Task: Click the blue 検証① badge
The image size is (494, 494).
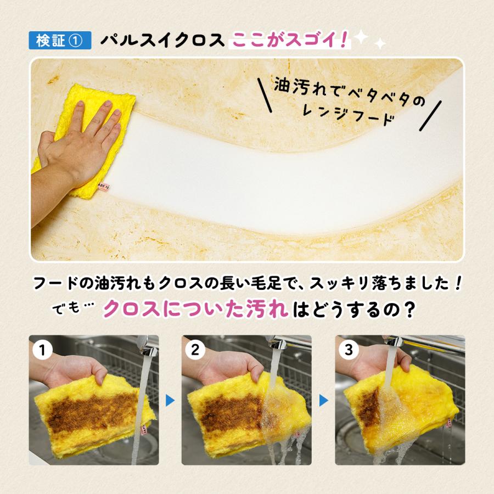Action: tap(60, 41)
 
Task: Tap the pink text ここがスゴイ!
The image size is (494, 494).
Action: tap(290, 40)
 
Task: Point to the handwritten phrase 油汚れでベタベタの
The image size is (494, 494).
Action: tap(350, 93)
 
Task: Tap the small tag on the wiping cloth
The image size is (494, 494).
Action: tap(104, 186)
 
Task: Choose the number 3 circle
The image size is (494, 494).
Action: tap(349, 350)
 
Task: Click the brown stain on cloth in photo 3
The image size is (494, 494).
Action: tap(369, 409)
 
